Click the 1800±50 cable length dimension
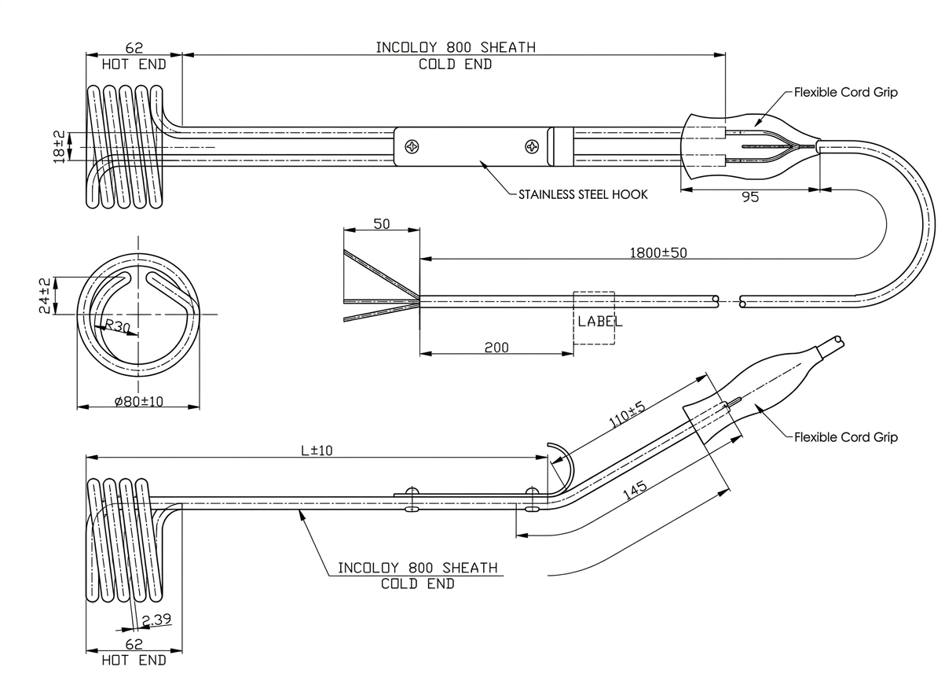(x=658, y=252)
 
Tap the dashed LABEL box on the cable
(x=594, y=318)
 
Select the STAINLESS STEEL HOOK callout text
(x=583, y=194)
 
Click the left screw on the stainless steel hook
(x=413, y=146)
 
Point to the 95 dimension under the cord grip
(x=750, y=197)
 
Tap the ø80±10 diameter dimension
(x=138, y=401)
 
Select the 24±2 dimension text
(x=46, y=295)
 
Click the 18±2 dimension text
(x=59, y=146)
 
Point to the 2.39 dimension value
(x=157, y=620)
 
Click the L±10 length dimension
(x=317, y=450)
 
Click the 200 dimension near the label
(x=496, y=347)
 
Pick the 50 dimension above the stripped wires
(x=382, y=224)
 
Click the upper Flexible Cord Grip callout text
(x=845, y=93)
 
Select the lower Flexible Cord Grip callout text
(x=845, y=437)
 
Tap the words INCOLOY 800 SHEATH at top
(x=455, y=47)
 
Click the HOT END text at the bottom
(x=134, y=661)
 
